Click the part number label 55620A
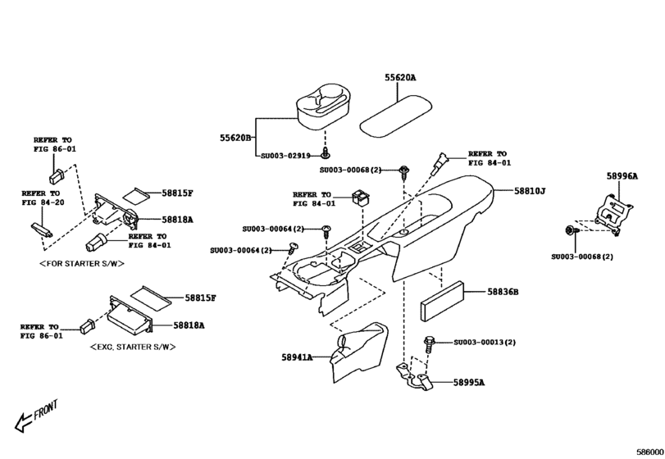(401, 78)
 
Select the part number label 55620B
(235, 138)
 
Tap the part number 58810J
(531, 190)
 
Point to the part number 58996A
(622, 175)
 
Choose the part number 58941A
(298, 357)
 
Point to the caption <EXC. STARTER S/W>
(132, 348)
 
